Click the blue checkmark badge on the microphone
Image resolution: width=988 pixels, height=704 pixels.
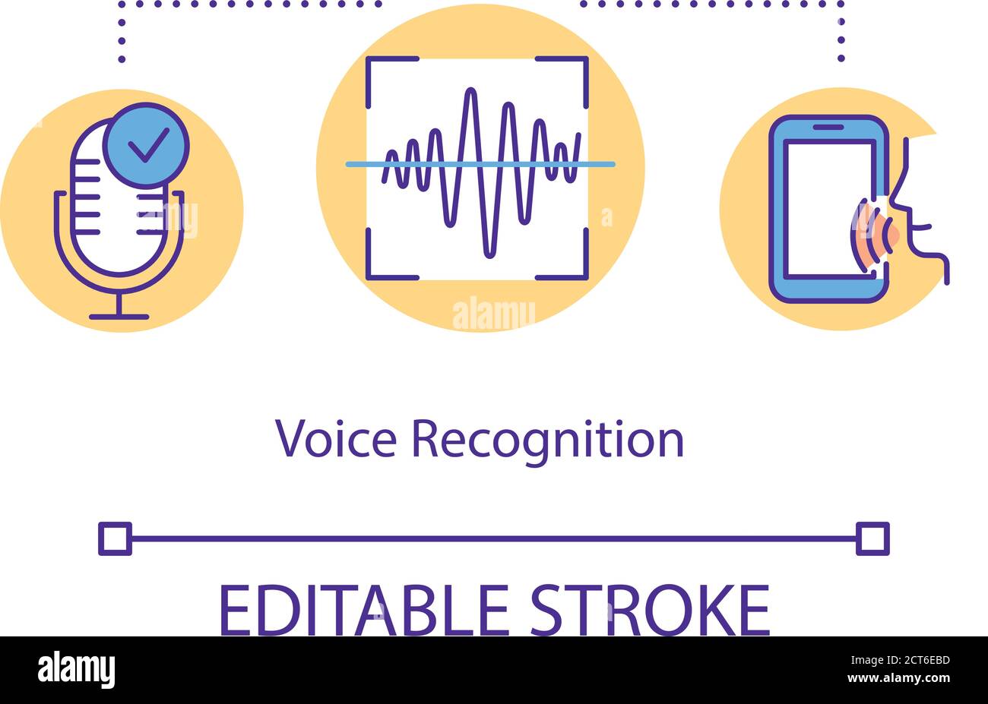[146, 144]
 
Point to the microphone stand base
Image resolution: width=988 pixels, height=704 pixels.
[119, 316]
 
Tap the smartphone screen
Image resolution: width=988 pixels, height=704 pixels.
[825, 209]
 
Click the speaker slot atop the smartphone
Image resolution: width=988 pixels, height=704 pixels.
[828, 127]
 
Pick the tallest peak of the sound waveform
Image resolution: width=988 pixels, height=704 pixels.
[471, 95]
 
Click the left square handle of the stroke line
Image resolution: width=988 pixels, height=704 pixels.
[115, 539]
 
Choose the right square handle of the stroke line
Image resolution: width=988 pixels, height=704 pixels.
[872, 539]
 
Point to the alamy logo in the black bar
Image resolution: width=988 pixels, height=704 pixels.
[76, 670]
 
